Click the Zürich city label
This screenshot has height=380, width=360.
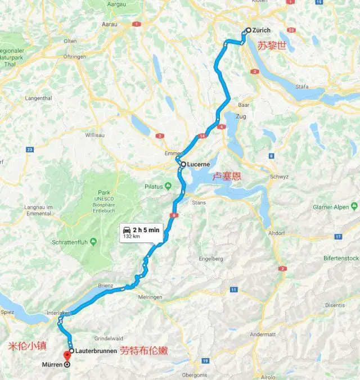(262, 30)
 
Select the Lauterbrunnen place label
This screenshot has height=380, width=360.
(96, 351)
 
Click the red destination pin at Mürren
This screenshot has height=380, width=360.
(67, 355)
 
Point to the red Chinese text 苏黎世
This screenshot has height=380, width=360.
(272, 46)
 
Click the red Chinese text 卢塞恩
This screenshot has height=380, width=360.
(227, 176)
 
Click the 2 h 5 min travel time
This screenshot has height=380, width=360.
(146, 230)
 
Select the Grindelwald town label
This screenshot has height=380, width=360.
(109, 338)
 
